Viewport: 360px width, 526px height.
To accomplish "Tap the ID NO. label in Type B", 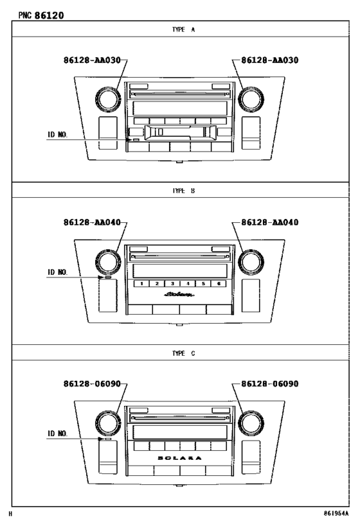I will (x=57, y=272).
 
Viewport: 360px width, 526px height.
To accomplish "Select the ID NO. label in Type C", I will (x=57, y=434).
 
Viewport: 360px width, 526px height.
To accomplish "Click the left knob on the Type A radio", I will (x=104, y=98).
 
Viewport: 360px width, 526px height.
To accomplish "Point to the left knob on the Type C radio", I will (x=104, y=422).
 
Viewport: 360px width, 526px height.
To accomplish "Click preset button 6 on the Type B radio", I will (x=219, y=283).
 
